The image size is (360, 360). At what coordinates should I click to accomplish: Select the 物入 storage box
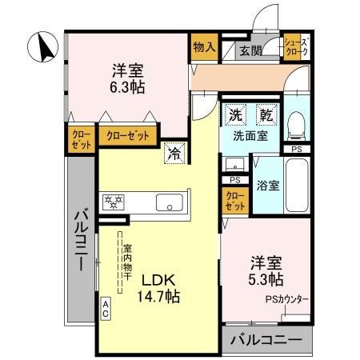tap(204, 47)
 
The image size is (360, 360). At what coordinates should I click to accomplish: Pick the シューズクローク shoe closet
tap(297, 47)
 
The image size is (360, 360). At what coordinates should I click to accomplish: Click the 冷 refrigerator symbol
tap(173, 154)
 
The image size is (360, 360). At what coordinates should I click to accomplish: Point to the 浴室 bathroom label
tap(268, 186)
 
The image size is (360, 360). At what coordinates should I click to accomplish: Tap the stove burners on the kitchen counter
tap(112, 201)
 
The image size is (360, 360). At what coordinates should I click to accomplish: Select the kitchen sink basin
tap(169, 201)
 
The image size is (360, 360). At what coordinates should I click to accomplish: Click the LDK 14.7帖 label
tap(161, 289)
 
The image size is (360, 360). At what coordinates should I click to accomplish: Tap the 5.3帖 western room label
tap(266, 270)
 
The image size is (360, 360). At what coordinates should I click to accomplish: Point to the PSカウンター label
tap(286, 300)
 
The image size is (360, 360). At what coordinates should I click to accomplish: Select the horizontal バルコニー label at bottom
tap(266, 341)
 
